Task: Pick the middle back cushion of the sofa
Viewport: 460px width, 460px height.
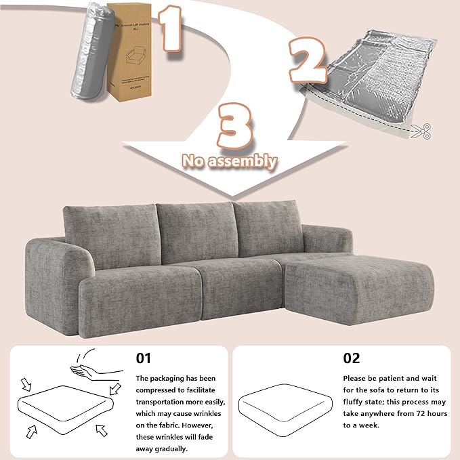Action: tap(196, 230)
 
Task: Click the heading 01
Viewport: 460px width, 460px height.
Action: tap(144, 358)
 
